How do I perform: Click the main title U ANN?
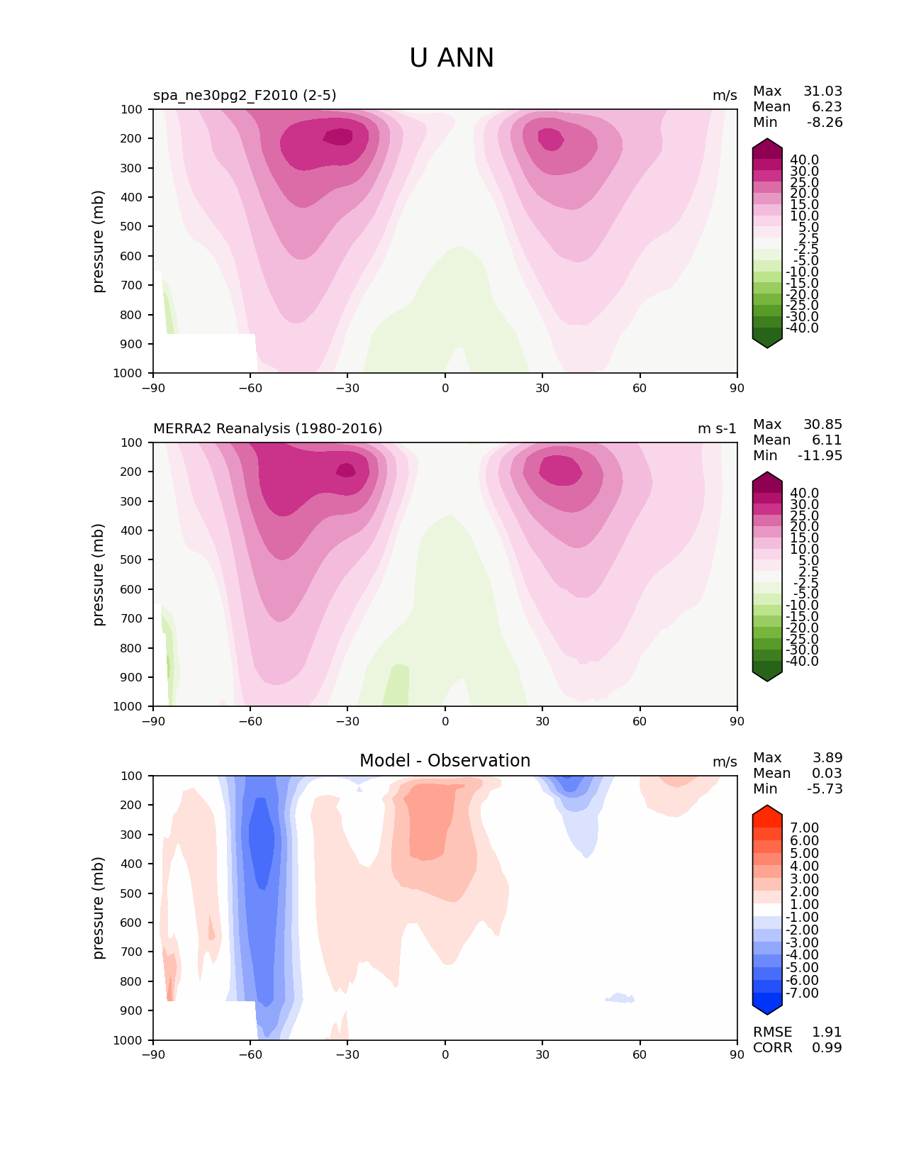click(451, 57)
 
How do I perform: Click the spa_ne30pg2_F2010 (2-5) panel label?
click(245, 95)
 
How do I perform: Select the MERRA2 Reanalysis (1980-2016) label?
click(267, 428)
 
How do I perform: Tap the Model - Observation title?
click(445, 760)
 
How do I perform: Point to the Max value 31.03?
click(822, 91)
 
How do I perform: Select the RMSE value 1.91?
click(827, 1032)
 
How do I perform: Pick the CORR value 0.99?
click(827, 1047)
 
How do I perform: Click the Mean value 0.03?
click(827, 773)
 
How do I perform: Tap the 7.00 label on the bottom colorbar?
click(804, 828)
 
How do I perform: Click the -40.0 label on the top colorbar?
click(802, 328)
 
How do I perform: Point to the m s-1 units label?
click(717, 428)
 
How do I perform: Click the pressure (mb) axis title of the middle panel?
click(97, 574)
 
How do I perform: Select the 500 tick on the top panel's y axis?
click(131, 226)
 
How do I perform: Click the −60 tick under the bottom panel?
click(250, 1054)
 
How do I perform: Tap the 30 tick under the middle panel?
click(542, 721)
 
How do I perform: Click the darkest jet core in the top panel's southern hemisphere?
click(338, 137)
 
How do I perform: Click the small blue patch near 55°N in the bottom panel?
click(620, 998)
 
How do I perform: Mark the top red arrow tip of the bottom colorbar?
click(766, 806)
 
